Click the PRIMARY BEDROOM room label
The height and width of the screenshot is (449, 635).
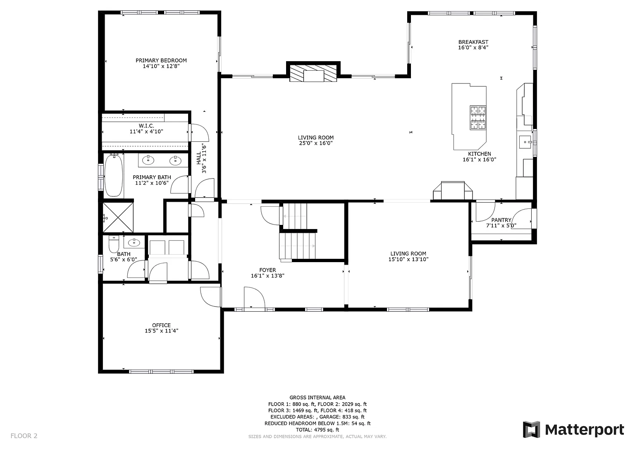pos(161,60)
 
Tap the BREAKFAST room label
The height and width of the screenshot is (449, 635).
pos(473,42)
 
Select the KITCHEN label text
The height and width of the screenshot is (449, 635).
pos(480,154)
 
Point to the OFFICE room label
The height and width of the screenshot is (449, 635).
pos(161,325)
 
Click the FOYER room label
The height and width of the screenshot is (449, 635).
pos(267,270)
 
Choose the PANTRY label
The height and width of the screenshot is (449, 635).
pos(501,220)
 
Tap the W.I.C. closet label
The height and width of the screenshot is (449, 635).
pos(146,126)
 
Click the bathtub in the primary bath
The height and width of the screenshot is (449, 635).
pos(114,175)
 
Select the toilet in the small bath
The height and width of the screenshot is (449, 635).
pos(114,244)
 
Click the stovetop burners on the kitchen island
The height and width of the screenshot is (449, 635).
pos(478,118)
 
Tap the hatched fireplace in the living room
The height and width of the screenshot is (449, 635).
pos(313,73)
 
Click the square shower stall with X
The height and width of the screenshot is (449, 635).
pos(118,217)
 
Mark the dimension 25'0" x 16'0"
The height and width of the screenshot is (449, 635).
pos(315,143)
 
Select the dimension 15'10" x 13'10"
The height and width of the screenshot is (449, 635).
pos(408,259)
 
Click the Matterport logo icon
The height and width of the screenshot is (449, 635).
pos(532,430)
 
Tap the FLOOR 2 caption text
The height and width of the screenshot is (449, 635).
pos(24,436)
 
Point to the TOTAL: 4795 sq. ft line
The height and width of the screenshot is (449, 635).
pos(317,430)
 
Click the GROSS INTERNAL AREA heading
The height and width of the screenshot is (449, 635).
pos(317,398)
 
